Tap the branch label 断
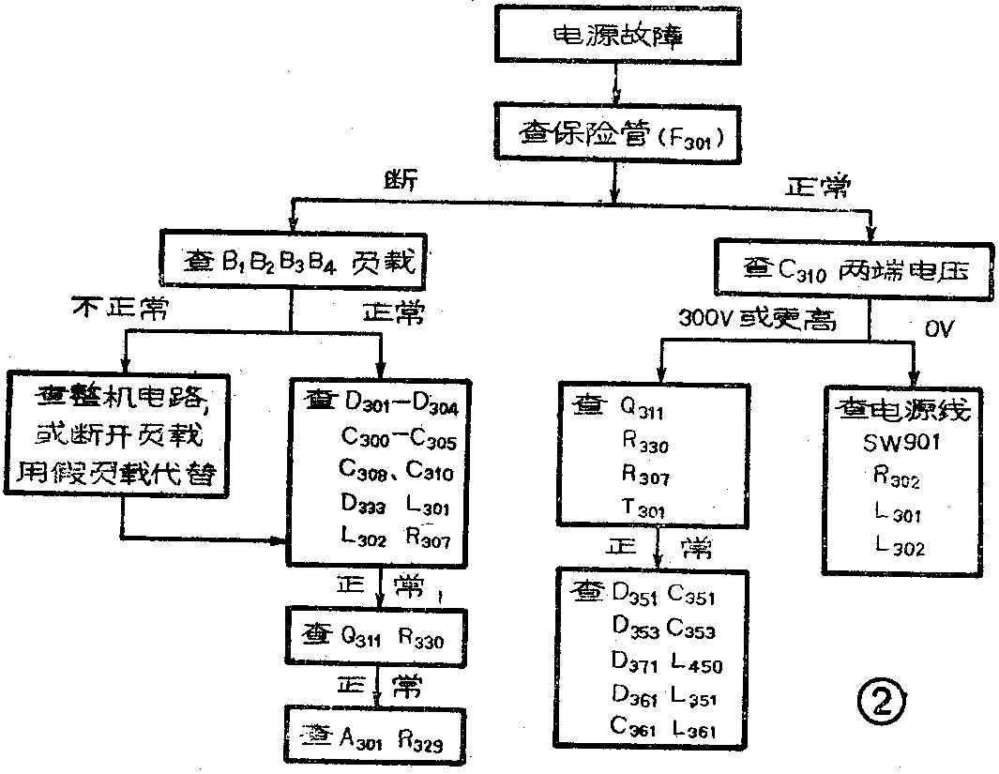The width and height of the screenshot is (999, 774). click(x=401, y=176)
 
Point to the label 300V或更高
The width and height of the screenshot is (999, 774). click(x=756, y=319)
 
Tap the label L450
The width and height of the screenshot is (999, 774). click(x=696, y=665)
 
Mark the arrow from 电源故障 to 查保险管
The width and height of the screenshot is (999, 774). click(x=614, y=90)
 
